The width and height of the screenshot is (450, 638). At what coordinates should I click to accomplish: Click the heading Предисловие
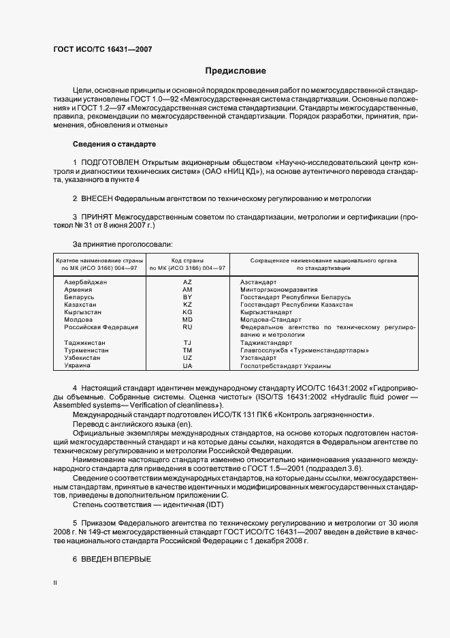236,71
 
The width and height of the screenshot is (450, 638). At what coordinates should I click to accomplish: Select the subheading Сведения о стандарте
114,144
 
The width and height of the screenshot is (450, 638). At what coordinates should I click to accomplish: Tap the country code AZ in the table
187,282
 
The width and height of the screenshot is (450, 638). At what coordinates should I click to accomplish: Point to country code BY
187,297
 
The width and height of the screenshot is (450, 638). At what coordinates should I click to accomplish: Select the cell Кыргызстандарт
266,312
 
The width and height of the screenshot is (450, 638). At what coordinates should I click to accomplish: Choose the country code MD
187,320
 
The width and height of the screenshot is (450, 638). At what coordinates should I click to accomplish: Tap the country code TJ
187,343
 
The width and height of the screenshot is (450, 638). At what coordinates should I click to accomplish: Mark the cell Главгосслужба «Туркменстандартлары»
304,350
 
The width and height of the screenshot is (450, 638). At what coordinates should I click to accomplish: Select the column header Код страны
187,261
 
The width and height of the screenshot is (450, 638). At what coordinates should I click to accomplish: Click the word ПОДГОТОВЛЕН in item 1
110,162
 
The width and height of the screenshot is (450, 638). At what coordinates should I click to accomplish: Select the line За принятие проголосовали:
123,243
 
